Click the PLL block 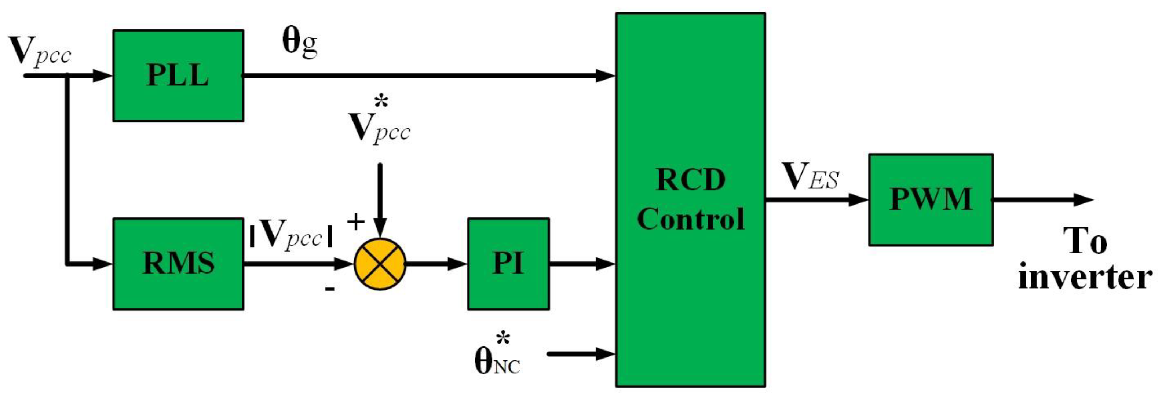[178, 76]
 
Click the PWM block [931, 200]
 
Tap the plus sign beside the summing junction [355, 222]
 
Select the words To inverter [1085, 259]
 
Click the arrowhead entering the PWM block [858, 200]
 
